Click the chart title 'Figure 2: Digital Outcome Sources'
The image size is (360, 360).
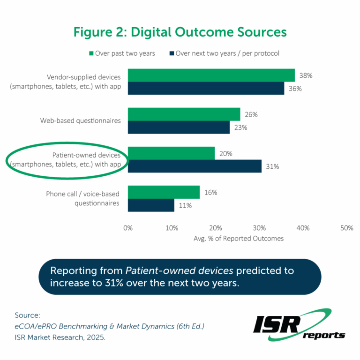point(180,32)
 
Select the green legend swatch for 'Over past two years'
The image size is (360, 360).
point(90,53)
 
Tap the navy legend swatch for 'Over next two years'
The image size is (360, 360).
point(172,53)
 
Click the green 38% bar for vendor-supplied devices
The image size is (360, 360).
point(211,75)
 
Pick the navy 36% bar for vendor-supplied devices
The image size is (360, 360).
point(206,88)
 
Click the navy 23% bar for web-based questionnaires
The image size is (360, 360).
point(179,127)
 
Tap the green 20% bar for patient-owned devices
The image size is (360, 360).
point(171,153)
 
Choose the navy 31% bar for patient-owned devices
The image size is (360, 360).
point(195,166)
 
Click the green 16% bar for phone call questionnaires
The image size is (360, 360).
point(164,192)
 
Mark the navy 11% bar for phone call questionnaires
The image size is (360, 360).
point(151,205)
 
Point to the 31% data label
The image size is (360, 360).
point(272,166)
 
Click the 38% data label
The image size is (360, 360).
point(306,75)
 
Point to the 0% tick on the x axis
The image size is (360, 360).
point(128,228)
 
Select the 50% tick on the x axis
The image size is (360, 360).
point(346,228)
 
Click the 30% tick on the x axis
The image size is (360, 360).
point(259,228)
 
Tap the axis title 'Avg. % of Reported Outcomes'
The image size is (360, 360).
point(239,239)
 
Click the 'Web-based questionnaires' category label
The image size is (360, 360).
point(80,120)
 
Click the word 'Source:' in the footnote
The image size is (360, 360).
point(27,315)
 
